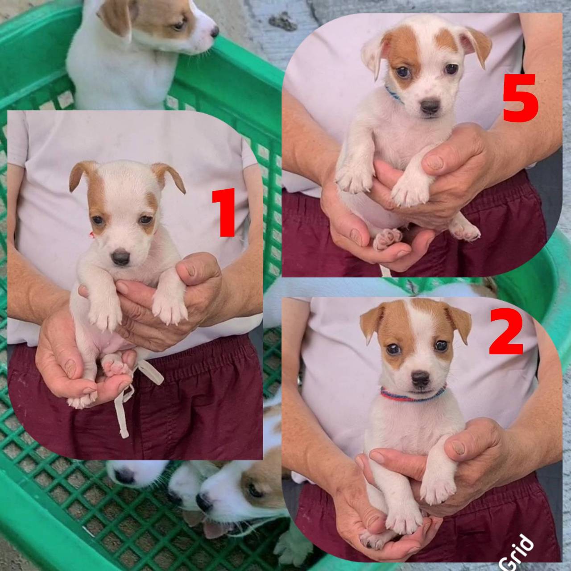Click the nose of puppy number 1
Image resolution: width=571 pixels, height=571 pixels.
(121, 257)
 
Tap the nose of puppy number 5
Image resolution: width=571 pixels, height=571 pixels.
(430, 106)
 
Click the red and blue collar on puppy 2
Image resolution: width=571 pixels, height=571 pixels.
(414, 396)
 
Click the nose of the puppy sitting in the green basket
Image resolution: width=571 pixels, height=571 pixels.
(215, 31)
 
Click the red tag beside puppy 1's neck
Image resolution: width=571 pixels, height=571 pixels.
(92, 235)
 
